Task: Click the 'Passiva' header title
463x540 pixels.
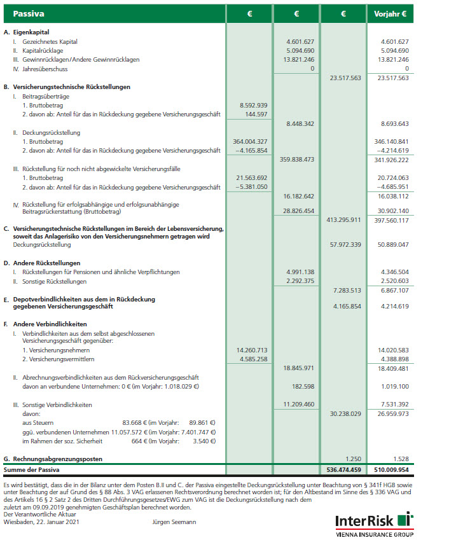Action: click(29, 13)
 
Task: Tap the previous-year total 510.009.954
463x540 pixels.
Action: click(390, 471)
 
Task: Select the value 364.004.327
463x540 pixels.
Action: click(250, 141)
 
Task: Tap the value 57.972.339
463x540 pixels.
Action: click(345, 244)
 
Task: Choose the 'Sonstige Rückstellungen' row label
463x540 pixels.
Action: click(54, 281)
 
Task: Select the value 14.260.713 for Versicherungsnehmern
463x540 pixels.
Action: click(252, 350)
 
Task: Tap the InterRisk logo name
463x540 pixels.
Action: click(366, 521)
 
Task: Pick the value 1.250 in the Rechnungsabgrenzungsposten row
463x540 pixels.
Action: click(352, 459)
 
